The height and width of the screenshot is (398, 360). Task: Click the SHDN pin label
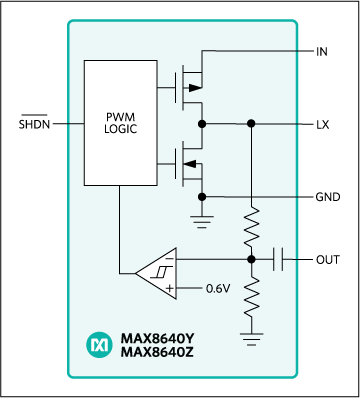tap(34, 123)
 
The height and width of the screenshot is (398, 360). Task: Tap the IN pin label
tap(322, 52)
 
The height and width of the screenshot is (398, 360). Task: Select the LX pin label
tap(322, 125)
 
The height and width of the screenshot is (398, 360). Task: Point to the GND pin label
tap(328, 197)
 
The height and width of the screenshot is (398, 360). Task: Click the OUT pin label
tap(328, 259)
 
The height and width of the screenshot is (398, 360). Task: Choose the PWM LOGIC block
tap(121, 123)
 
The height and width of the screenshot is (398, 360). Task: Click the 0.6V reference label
tap(218, 288)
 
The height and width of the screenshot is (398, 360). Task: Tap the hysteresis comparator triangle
tap(156, 273)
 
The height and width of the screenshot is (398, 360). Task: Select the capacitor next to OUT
tap(278, 259)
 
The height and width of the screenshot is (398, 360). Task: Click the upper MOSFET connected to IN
tap(189, 88)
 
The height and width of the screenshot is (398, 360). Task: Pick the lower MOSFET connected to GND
tap(189, 164)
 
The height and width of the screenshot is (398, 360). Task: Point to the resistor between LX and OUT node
tap(252, 227)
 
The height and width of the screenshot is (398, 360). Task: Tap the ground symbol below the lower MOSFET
tap(202, 222)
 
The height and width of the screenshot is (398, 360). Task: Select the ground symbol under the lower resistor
tap(252, 339)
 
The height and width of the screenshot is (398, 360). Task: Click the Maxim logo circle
tap(100, 345)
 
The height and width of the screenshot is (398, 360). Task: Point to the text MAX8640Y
tap(157, 338)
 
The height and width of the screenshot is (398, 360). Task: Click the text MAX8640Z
tap(157, 352)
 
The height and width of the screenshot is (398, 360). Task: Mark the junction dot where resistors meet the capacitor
tap(252, 259)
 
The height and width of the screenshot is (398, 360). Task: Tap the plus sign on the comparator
tap(170, 288)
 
